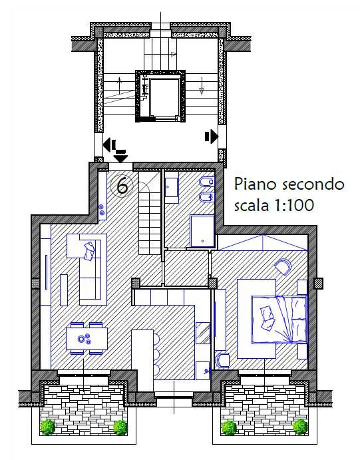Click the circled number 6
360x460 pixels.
coord(122,186)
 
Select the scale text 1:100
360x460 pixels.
coord(292,206)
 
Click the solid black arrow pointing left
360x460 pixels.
coord(108,143)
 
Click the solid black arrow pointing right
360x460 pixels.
coord(212,136)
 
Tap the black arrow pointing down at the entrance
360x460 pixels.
coord(121,156)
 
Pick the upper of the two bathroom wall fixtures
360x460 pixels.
coord(206,182)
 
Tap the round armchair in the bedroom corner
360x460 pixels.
coord(282,266)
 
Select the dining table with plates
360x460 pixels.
coord(87,338)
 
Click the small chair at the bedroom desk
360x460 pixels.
coord(222,359)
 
